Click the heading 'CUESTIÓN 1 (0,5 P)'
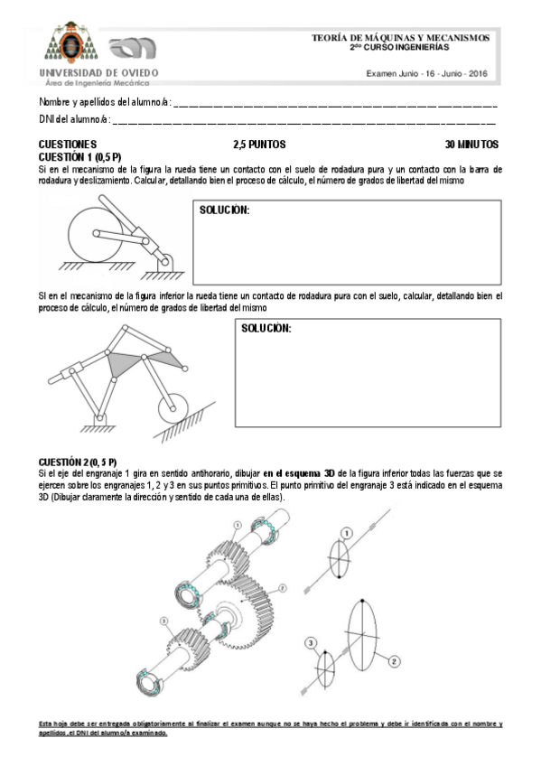click(80, 156)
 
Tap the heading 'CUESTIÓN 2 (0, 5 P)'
click(78, 462)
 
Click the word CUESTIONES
click(68, 144)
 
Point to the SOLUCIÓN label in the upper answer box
click(223, 210)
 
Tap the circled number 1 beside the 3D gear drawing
click(236, 525)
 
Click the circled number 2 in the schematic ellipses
click(394, 661)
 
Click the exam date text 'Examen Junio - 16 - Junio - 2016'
click(426, 73)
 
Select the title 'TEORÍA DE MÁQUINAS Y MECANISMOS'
click(400, 38)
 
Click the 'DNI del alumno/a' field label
click(74, 118)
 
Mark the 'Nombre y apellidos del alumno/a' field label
click(104, 101)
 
